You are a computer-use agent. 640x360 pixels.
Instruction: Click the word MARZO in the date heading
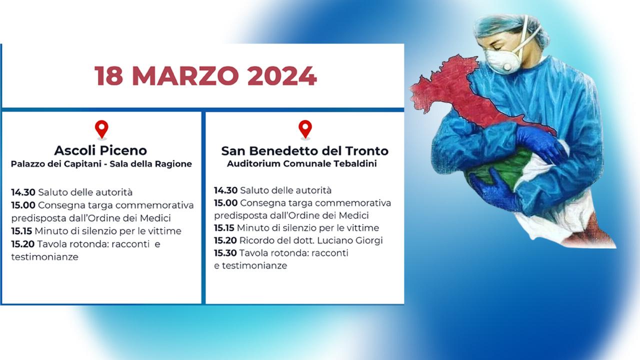[x=185, y=76]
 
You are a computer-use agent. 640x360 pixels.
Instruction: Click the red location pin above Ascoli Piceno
[x=101, y=129]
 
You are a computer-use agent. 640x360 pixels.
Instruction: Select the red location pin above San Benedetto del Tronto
[x=305, y=129]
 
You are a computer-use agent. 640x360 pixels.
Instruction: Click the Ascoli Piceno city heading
[x=100, y=150]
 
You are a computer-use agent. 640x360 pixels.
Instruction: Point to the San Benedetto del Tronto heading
[x=305, y=151]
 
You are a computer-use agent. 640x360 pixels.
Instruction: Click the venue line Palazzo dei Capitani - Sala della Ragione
[x=101, y=164]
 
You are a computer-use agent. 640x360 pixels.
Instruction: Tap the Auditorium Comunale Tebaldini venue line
[x=302, y=163]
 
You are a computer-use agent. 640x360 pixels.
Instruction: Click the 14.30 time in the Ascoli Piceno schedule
[x=23, y=192]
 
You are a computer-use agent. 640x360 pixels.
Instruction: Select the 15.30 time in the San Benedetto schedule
[x=225, y=253]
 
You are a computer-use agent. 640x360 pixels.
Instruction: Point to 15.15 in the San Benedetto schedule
[x=224, y=228]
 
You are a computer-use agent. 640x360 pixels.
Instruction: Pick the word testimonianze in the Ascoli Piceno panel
[x=45, y=257]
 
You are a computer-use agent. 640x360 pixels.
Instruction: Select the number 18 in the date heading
[x=109, y=76]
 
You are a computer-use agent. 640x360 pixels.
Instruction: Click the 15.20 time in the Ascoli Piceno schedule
[x=23, y=244]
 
